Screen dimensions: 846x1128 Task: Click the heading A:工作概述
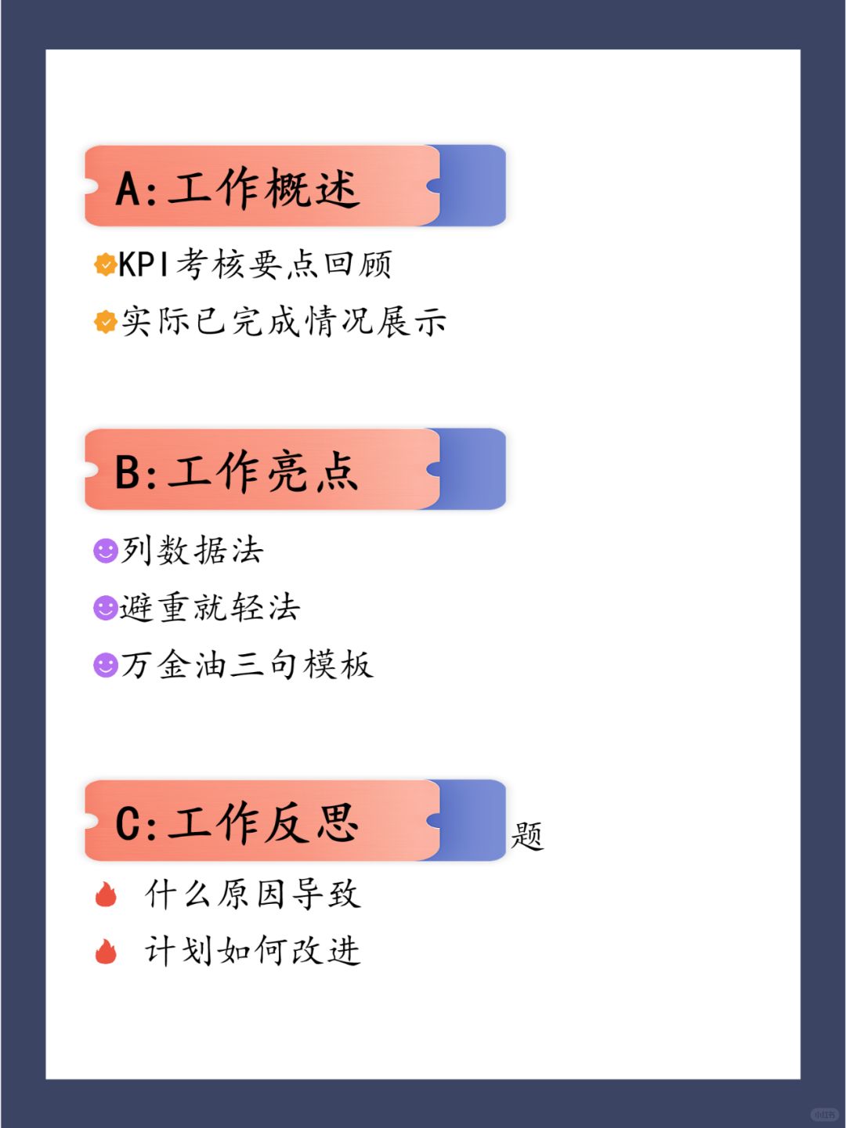237,188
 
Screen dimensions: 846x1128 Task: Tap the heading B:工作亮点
237,472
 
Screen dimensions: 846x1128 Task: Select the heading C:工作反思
237,822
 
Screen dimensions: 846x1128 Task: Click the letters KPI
143,265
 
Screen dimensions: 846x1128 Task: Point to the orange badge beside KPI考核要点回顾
105,265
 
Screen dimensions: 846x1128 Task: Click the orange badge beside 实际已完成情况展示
105,321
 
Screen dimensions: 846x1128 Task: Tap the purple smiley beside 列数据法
105,550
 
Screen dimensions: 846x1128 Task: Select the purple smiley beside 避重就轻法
105,607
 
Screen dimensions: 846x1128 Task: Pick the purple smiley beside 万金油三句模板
105,665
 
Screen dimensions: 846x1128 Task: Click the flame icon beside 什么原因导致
106,895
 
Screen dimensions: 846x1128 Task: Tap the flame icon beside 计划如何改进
106,952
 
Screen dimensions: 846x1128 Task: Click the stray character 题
527,836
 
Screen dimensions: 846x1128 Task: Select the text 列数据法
193,550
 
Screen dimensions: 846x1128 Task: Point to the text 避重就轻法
210,607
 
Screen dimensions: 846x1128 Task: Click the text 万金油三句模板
247,665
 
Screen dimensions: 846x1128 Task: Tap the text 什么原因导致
252,895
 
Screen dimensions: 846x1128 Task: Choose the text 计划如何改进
252,952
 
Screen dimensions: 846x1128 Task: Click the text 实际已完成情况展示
284,321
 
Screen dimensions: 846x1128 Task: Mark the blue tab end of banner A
472,186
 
